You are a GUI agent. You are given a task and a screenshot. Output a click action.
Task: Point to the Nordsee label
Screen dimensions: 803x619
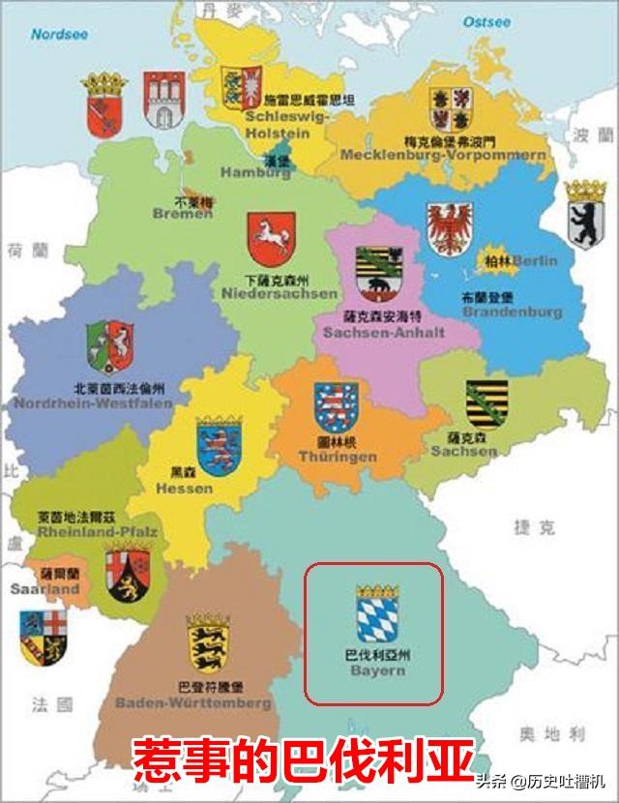(59, 33)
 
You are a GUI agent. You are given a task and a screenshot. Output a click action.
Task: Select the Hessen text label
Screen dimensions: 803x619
(185, 489)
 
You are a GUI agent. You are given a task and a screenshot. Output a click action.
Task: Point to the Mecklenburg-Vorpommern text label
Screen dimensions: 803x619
(443, 155)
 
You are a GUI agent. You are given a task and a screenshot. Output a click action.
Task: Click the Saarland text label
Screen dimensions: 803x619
(44, 588)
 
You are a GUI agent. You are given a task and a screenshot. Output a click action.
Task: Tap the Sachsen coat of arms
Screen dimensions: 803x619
(486, 404)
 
